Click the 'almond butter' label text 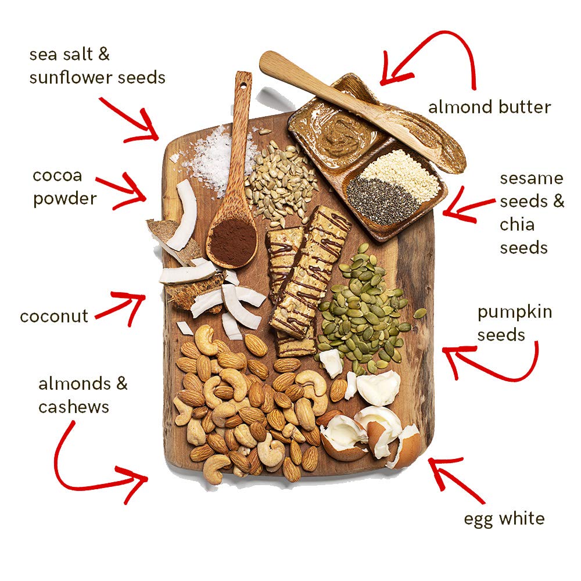(x=489, y=107)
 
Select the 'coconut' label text (x=54, y=317)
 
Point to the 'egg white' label (x=504, y=518)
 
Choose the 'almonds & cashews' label (x=83, y=395)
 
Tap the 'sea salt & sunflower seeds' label (x=97, y=66)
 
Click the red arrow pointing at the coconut (x=121, y=308)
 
